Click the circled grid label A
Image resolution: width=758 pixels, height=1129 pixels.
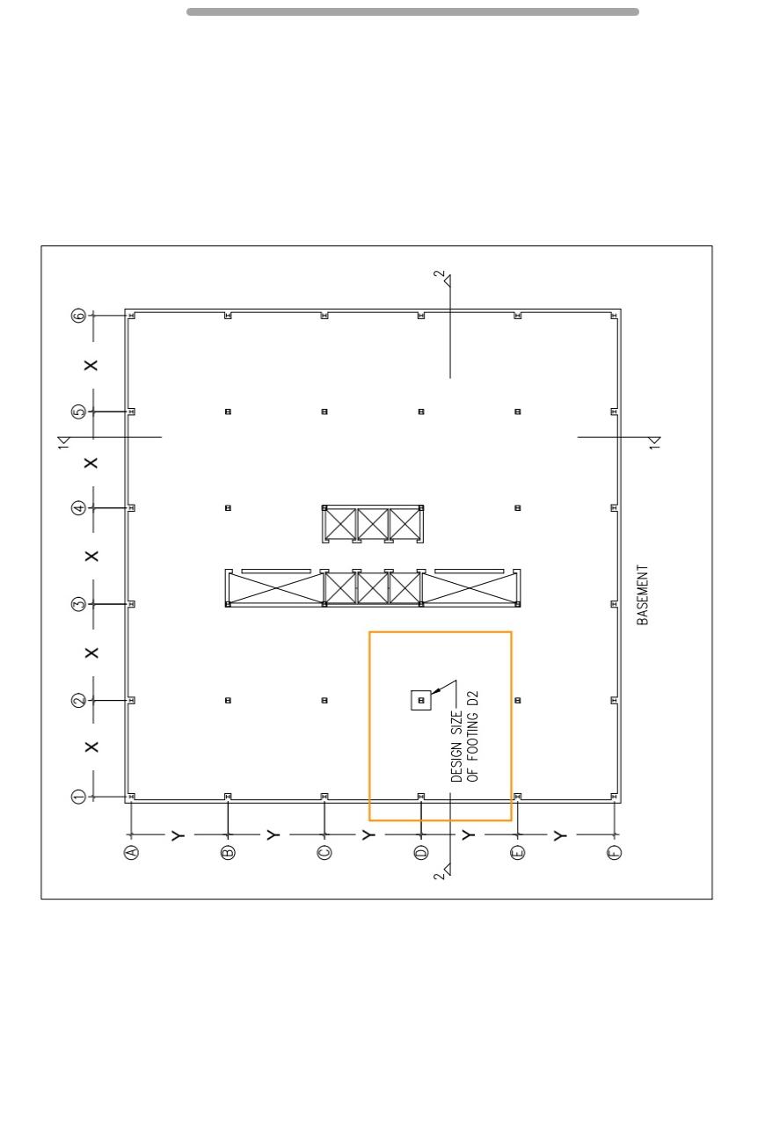(x=131, y=852)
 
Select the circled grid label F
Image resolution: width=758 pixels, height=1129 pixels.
(x=614, y=852)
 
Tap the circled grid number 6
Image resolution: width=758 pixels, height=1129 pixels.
(x=79, y=316)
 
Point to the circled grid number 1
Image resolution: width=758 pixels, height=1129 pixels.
(x=79, y=797)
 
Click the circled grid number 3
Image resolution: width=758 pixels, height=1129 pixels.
(x=79, y=604)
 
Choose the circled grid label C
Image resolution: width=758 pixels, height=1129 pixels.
(x=324, y=852)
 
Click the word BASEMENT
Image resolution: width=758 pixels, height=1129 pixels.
(x=643, y=594)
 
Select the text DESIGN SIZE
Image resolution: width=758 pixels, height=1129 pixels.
(x=456, y=747)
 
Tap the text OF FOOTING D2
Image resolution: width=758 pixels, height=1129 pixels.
(x=473, y=736)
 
